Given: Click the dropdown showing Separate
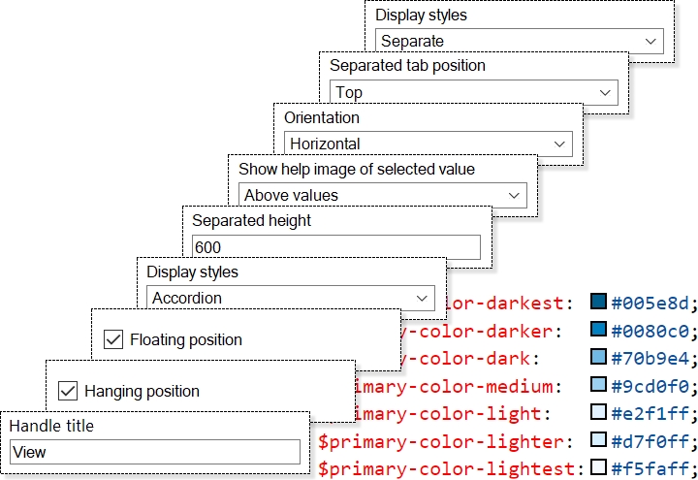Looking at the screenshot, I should click(x=519, y=41).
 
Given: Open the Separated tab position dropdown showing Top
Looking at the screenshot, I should click(x=473, y=92).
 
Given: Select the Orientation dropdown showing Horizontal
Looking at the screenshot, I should click(x=428, y=144).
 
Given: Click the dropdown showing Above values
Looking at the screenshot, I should click(x=382, y=195).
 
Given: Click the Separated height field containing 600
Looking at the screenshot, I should click(x=335, y=247).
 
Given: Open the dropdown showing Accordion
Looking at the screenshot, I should click(x=290, y=298).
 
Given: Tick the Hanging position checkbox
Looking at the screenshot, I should click(x=68, y=391).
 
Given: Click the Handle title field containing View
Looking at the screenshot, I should click(x=155, y=452).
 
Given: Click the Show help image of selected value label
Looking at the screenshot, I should click(x=357, y=169).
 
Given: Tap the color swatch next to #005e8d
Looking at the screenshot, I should click(x=598, y=303).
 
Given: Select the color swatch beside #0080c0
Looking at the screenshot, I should click(x=598, y=331).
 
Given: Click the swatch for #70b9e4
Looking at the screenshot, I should click(x=598, y=359).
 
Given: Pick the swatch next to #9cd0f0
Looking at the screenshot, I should click(x=598, y=387).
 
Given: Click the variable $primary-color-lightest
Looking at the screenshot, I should click(x=451, y=469).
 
